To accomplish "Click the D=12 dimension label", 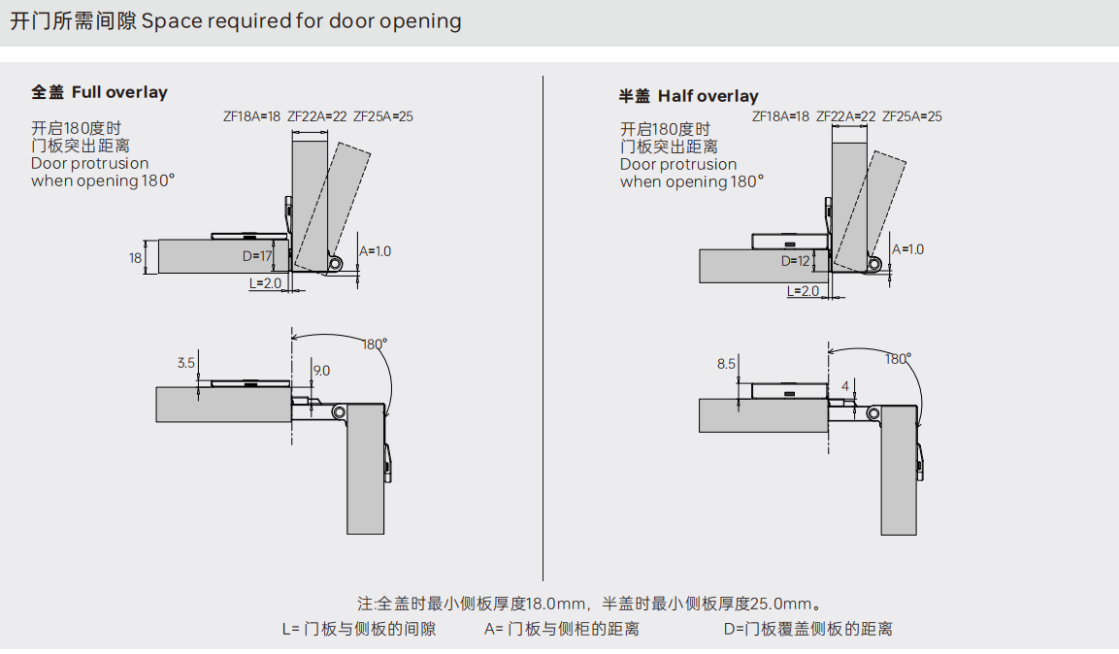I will [x=795, y=261].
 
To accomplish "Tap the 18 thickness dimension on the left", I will [x=136, y=257].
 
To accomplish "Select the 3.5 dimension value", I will [x=186, y=363].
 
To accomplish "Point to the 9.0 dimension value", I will [x=320, y=370].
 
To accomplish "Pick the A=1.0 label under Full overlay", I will [x=376, y=251].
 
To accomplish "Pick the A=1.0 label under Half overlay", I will [x=908, y=249].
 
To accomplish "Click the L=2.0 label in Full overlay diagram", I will [x=265, y=283].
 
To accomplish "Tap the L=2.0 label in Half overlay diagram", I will [x=803, y=291].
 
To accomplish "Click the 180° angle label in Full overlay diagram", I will [x=375, y=344].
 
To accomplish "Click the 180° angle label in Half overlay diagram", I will [x=898, y=359].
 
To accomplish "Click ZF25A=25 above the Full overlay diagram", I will [x=383, y=116].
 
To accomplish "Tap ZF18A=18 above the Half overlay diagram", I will [x=780, y=116].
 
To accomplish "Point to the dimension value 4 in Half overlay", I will [x=845, y=386].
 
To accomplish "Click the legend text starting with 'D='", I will [x=807, y=629].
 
